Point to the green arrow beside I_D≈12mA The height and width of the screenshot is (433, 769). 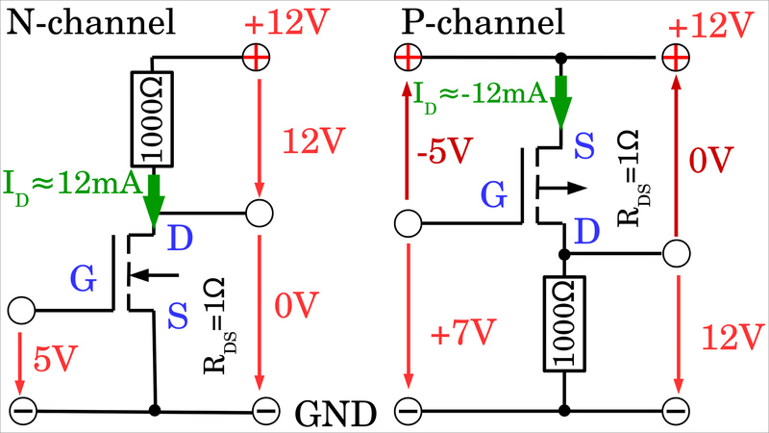pyautogui.click(x=153, y=200)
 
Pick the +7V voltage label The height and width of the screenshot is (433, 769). pyautogui.click(x=459, y=334)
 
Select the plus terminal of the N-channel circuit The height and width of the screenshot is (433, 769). pyautogui.click(x=257, y=59)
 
